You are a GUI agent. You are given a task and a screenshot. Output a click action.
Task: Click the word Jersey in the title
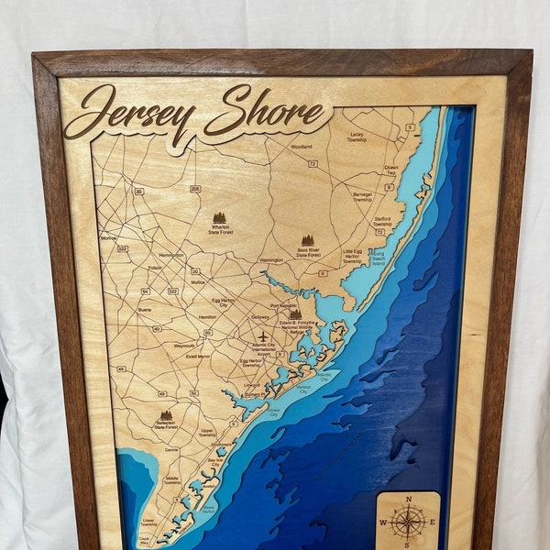(x=128, y=114)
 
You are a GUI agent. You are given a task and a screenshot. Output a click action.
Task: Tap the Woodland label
(x=302, y=147)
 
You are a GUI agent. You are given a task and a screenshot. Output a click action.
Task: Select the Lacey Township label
(x=357, y=137)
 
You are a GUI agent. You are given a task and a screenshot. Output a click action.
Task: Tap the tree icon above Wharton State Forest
(x=219, y=218)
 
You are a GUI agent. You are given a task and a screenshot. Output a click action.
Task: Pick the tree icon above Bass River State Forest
(x=308, y=240)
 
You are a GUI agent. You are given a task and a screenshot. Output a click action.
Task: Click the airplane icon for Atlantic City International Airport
(x=263, y=336)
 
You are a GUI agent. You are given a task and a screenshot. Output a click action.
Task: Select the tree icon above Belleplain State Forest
(x=166, y=415)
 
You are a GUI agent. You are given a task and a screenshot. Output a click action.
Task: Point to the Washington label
(x=271, y=260)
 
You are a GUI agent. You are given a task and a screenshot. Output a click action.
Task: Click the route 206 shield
(x=195, y=189)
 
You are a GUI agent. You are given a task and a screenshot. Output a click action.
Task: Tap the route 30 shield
(x=138, y=192)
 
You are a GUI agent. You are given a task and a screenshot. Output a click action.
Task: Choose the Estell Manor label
(x=197, y=356)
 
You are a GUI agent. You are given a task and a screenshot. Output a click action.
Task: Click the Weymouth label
(x=184, y=346)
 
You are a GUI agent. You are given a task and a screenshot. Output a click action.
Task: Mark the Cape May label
(x=144, y=540)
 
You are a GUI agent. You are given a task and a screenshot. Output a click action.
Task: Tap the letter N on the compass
(x=408, y=500)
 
